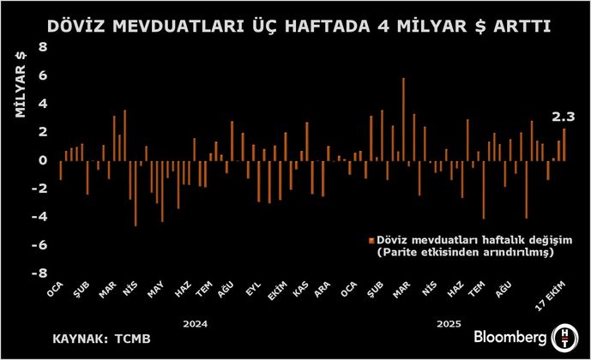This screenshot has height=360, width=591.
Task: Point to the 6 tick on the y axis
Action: [x=40, y=75]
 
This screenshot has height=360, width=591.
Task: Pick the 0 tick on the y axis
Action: [x=40, y=160]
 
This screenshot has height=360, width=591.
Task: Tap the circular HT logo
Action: [x=566, y=335]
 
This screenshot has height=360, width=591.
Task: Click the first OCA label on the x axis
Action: [x=56, y=292]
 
